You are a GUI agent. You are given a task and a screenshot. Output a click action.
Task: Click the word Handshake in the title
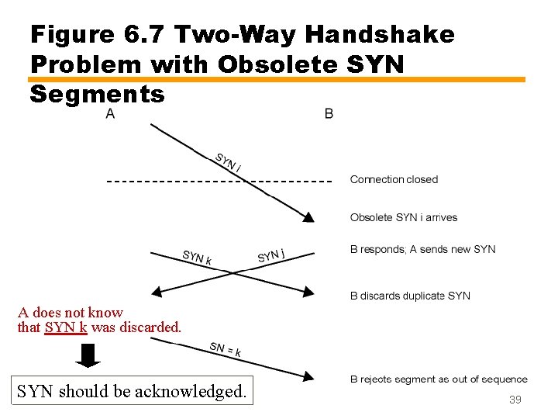point(380,34)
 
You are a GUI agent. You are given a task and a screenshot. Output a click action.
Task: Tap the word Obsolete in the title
point(277,64)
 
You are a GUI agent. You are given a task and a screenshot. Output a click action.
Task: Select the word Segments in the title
point(97,94)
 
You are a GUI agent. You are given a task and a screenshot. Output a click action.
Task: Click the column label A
point(110,114)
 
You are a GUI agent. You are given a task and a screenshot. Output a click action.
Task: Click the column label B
point(329,114)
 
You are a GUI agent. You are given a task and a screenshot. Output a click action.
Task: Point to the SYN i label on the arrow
point(228,162)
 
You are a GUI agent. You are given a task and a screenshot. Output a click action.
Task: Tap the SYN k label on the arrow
point(197,257)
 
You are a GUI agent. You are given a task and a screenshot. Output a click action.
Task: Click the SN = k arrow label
point(225,349)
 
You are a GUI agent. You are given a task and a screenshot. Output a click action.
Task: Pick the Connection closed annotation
point(394,179)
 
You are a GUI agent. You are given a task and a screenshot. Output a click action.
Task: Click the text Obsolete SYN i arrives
point(404,217)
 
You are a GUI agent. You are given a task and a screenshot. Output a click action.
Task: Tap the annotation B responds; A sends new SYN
point(422,249)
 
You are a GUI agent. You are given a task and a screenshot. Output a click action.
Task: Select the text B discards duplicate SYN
point(410,296)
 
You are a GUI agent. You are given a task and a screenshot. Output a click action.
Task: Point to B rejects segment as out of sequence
point(439,379)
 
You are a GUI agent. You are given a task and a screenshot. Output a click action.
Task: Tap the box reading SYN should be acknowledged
point(132,391)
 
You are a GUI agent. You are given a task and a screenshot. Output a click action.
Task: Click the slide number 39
point(515,400)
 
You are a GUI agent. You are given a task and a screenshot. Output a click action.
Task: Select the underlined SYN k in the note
point(66,327)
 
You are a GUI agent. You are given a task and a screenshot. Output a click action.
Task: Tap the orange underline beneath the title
point(276,79)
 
